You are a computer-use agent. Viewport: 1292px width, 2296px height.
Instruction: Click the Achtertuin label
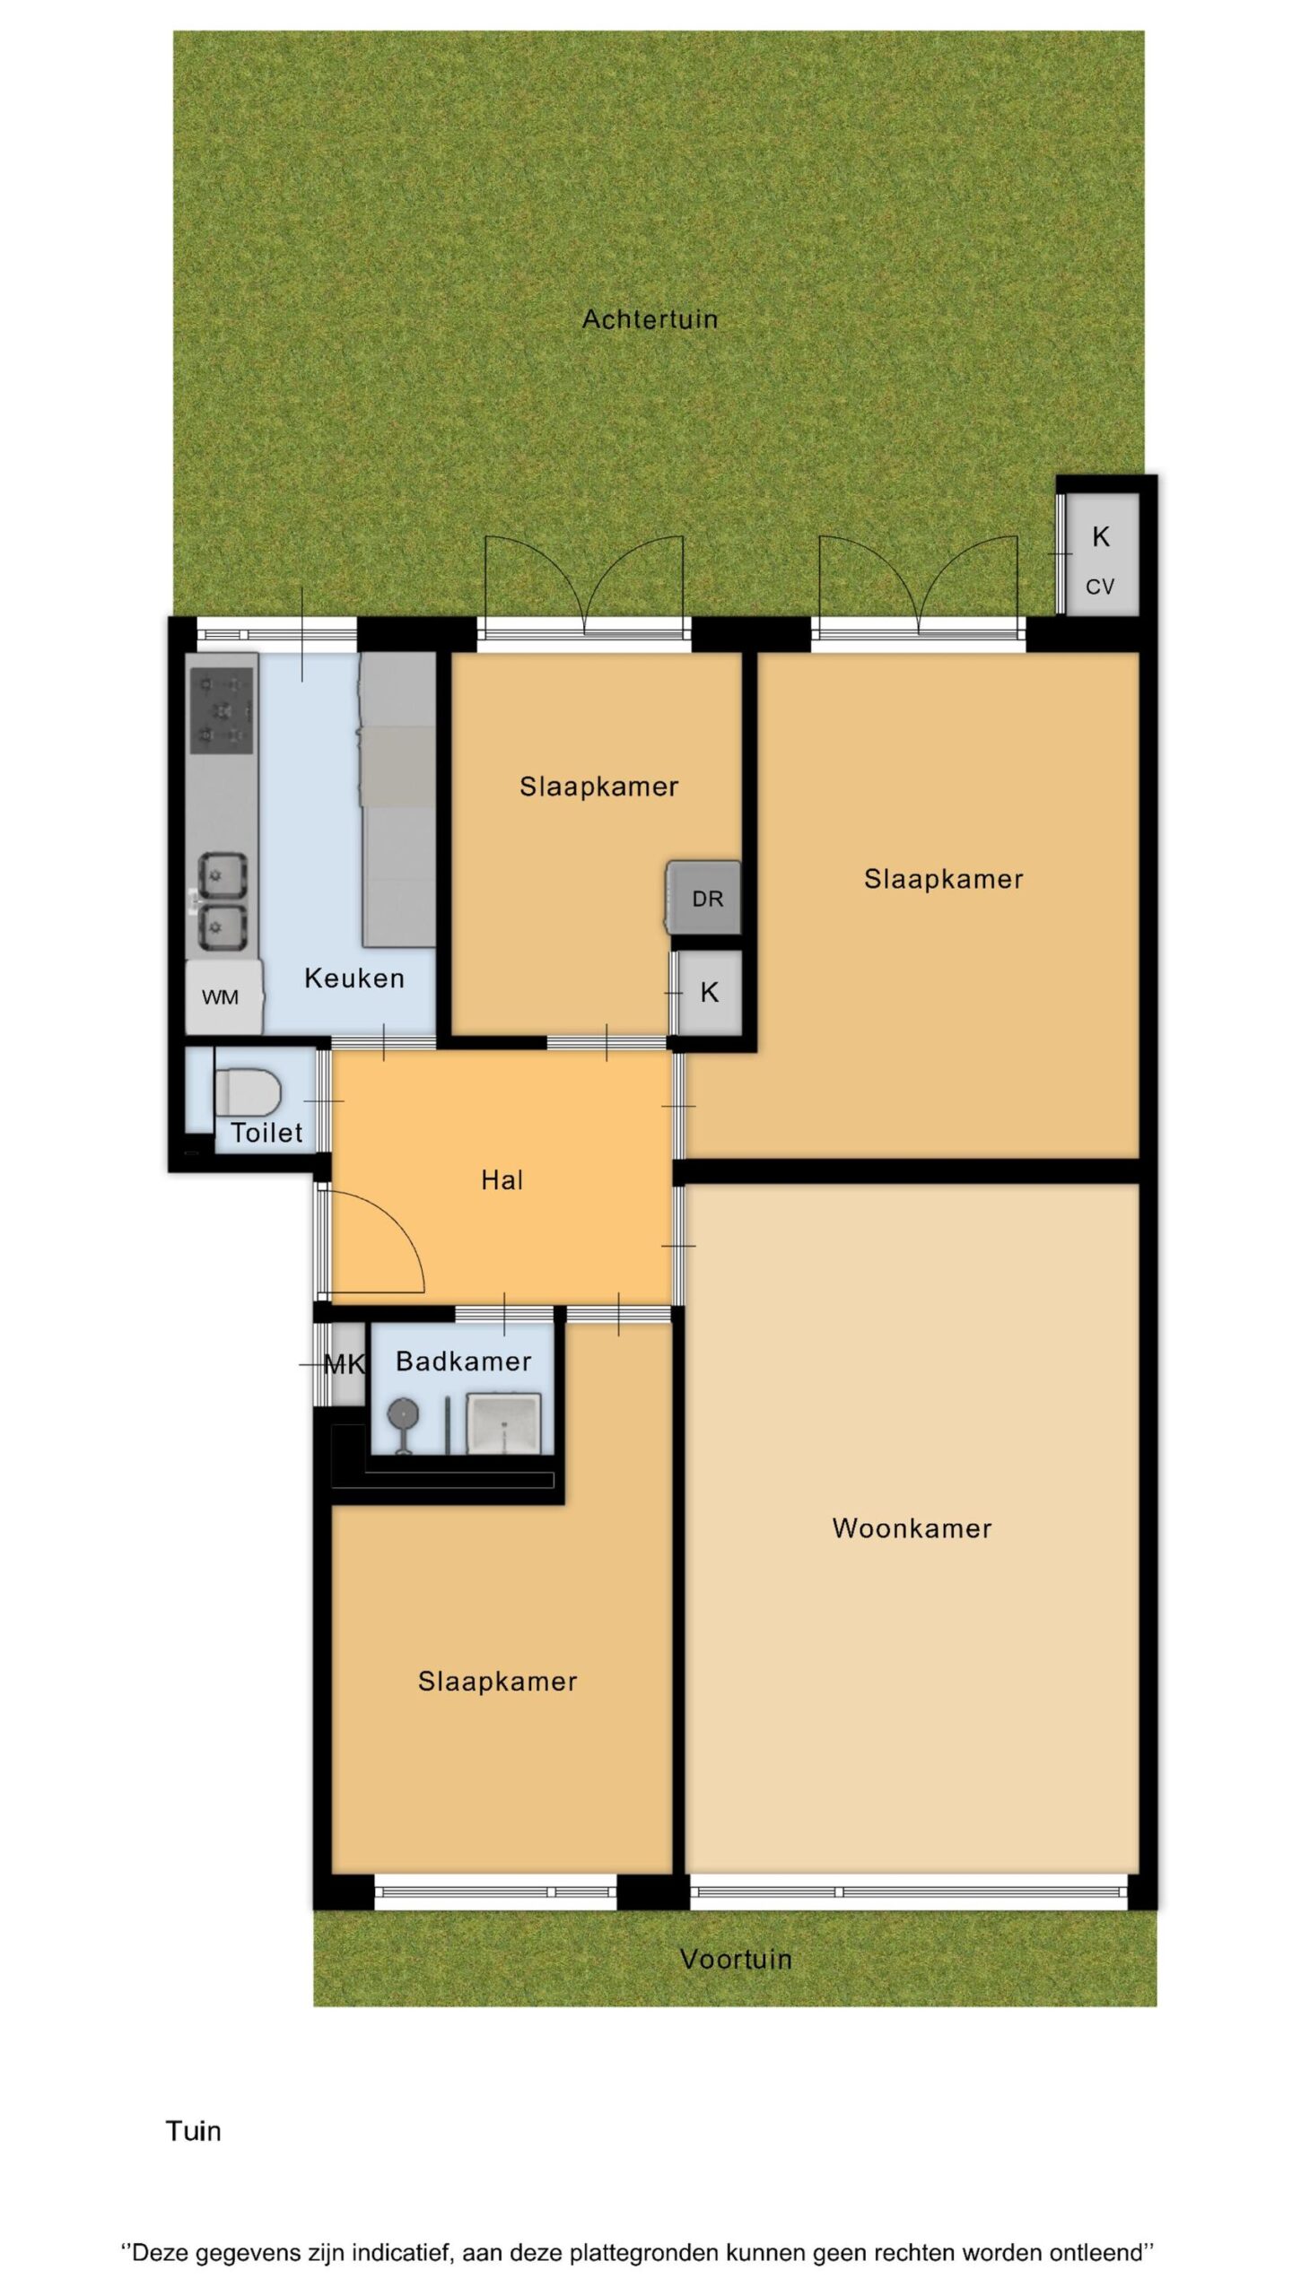point(650,319)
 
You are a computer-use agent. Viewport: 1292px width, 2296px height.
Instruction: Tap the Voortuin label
point(736,1960)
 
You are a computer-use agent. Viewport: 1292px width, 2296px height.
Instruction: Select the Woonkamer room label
point(912,1528)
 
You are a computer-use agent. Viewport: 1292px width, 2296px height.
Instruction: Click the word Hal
point(502,1179)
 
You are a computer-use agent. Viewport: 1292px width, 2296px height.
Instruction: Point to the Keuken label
point(354,978)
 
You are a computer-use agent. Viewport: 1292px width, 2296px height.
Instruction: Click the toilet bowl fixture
point(248,1091)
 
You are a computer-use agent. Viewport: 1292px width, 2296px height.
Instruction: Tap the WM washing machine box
point(223,996)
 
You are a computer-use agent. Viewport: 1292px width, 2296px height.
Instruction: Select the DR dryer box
point(704,898)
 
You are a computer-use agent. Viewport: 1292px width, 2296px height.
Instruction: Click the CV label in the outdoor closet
point(1100,587)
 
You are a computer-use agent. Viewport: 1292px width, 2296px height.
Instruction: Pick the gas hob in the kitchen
point(222,710)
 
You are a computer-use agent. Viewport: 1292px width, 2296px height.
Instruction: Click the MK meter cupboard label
point(344,1365)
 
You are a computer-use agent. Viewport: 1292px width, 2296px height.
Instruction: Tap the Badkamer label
point(464,1361)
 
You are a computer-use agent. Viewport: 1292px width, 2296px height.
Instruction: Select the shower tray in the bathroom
point(503,1424)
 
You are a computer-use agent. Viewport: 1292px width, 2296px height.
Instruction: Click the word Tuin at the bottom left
point(193,2131)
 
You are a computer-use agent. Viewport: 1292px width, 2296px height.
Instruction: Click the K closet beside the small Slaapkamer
point(709,993)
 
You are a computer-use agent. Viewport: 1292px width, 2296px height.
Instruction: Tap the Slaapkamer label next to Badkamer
point(497,1681)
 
